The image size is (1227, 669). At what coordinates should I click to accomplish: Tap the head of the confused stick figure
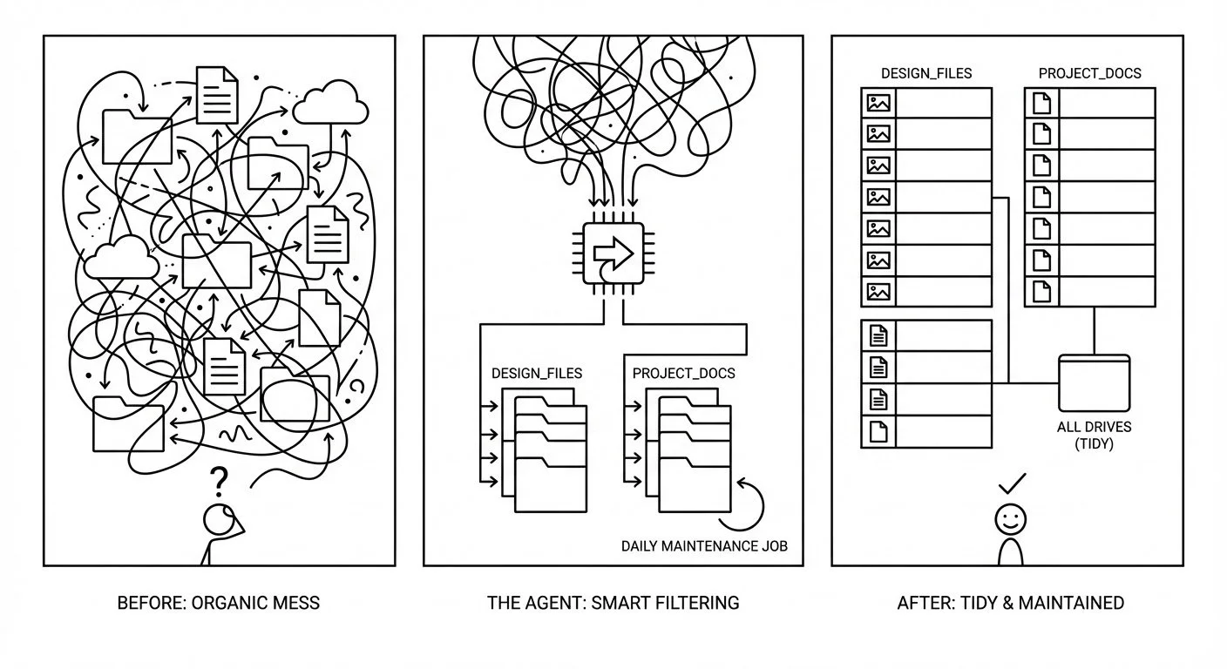[x=218, y=519]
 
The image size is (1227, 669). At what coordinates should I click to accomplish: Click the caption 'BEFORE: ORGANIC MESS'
[x=218, y=602]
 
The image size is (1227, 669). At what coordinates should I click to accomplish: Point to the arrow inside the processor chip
[x=613, y=253]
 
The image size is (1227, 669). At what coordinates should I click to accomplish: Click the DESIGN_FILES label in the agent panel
[x=537, y=374]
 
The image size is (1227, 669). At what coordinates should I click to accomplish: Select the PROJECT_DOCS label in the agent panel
[x=683, y=374]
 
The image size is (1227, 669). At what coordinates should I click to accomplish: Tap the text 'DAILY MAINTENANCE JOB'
[x=704, y=547]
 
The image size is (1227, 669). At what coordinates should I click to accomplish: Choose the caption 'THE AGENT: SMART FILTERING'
[x=613, y=602]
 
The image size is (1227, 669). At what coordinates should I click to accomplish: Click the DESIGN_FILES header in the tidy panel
[x=926, y=73]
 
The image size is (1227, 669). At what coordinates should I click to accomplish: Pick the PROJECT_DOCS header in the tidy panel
[x=1089, y=73]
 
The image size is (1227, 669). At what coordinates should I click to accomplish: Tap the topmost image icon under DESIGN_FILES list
[x=878, y=104]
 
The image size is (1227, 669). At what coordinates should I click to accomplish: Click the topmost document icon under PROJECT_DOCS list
[x=1041, y=104]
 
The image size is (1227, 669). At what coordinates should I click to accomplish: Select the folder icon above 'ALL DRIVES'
[x=1094, y=382]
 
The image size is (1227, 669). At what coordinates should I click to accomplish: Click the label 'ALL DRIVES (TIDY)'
[x=1094, y=436]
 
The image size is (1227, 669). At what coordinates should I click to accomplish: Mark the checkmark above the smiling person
[x=1012, y=483]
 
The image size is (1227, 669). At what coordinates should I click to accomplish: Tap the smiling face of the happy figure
[x=1011, y=519]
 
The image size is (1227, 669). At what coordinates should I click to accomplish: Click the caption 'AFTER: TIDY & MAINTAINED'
[x=1010, y=602]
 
